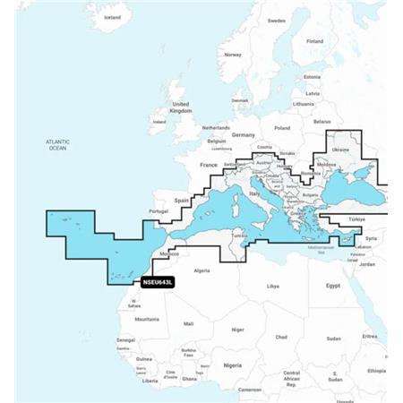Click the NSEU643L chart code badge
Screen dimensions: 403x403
coord(158,282)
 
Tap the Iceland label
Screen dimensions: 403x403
coord(112,17)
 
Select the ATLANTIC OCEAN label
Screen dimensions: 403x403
coord(57,145)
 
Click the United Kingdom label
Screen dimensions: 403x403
coord(181,107)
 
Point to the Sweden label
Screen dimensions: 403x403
coord(276,20)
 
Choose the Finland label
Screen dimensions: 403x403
coord(315,41)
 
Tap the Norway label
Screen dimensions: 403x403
coord(233,55)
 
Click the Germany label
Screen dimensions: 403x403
coord(244,134)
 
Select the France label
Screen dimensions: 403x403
coord(209,166)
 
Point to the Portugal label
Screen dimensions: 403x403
coord(159,210)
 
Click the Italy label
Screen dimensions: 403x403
coord(254,193)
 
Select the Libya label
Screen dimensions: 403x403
coord(273,287)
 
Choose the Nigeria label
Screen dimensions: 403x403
coord(233,365)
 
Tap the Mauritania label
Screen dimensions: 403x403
coord(147,319)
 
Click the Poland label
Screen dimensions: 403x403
coord(283,128)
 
